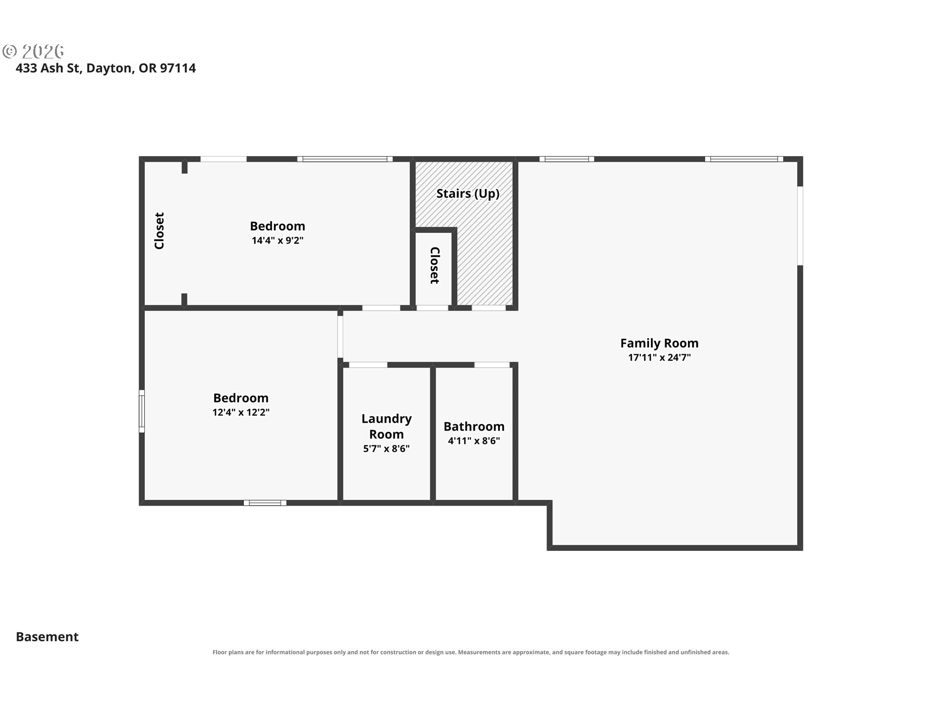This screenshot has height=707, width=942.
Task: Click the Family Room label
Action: tap(659, 343)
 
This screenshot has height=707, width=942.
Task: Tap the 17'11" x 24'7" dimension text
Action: tap(659, 357)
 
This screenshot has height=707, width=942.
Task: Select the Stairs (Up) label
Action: tap(468, 193)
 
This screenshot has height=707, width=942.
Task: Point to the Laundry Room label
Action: tap(387, 426)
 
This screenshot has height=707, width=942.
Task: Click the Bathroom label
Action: tap(474, 426)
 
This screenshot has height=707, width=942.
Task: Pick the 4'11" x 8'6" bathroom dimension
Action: tap(474, 441)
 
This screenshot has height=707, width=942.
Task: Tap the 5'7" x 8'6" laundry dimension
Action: tap(387, 448)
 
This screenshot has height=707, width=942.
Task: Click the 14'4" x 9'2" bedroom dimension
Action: tap(278, 240)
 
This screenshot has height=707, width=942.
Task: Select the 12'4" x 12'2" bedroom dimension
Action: tap(241, 412)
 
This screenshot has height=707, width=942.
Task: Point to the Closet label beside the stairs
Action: tap(435, 265)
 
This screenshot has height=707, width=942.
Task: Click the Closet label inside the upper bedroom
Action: tap(159, 231)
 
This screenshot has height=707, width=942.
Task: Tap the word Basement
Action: tap(47, 636)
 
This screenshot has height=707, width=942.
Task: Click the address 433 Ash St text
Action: tap(48, 68)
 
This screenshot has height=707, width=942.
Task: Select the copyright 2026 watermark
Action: tap(33, 51)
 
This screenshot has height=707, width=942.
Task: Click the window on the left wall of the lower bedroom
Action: tap(142, 411)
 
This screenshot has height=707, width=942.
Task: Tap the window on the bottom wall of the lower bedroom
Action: tap(265, 503)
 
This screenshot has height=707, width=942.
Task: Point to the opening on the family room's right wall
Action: tap(800, 226)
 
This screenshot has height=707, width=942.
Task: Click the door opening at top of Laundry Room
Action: tap(368, 365)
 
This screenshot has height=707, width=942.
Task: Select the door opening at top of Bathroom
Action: tap(492, 365)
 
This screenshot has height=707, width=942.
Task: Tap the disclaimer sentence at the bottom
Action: tap(471, 652)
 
